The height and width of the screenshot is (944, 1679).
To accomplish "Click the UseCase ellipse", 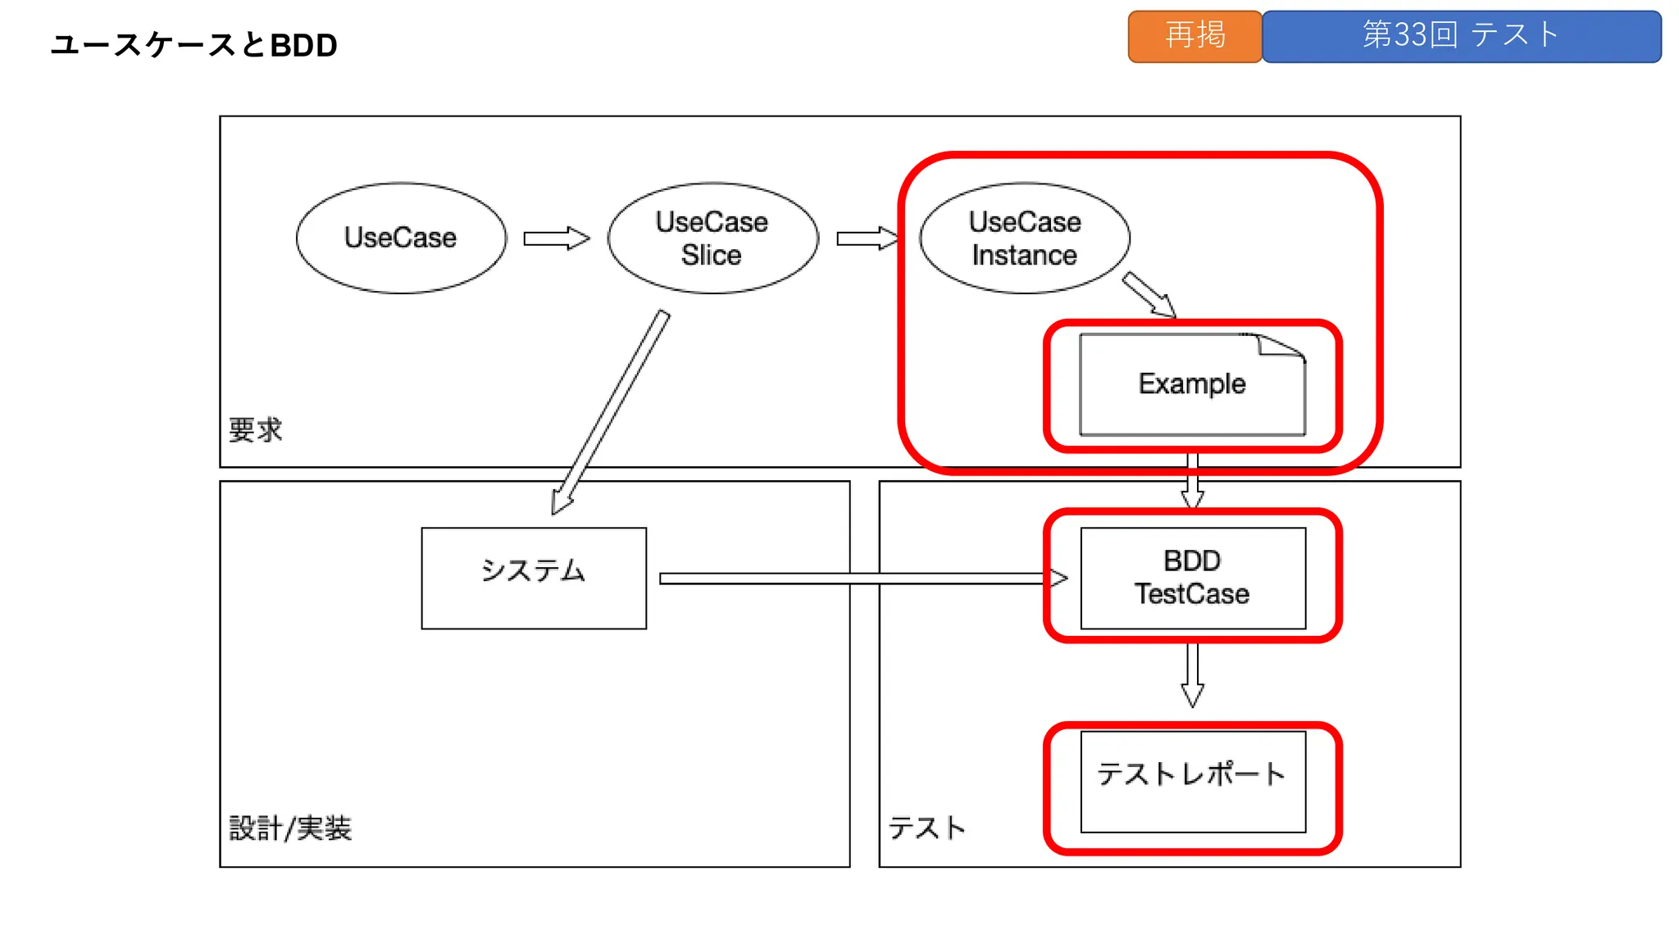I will (x=401, y=238).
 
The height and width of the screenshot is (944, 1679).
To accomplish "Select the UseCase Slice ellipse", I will (x=712, y=238).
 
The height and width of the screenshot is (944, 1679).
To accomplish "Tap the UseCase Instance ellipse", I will (x=1025, y=238).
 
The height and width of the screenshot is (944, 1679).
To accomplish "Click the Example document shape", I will (x=1192, y=384).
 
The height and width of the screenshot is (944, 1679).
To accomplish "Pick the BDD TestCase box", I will (x=1193, y=578).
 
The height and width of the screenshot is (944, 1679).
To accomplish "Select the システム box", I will (x=534, y=578).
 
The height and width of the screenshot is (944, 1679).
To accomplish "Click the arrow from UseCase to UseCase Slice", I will (x=556, y=238).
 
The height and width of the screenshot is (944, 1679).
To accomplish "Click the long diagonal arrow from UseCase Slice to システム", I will (x=611, y=414).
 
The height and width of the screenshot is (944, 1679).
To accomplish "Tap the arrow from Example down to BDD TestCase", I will (x=1193, y=483).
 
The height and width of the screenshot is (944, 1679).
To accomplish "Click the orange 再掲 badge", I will (x=1194, y=36).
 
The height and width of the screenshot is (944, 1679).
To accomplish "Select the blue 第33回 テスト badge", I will (x=1461, y=36).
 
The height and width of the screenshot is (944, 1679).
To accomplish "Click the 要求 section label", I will (x=255, y=429).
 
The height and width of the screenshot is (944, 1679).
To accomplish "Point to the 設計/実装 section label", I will (x=290, y=828).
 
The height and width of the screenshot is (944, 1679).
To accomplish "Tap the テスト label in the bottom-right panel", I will (x=927, y=828).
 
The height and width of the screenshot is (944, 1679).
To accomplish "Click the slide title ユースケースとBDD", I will (x=194, y=45).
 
